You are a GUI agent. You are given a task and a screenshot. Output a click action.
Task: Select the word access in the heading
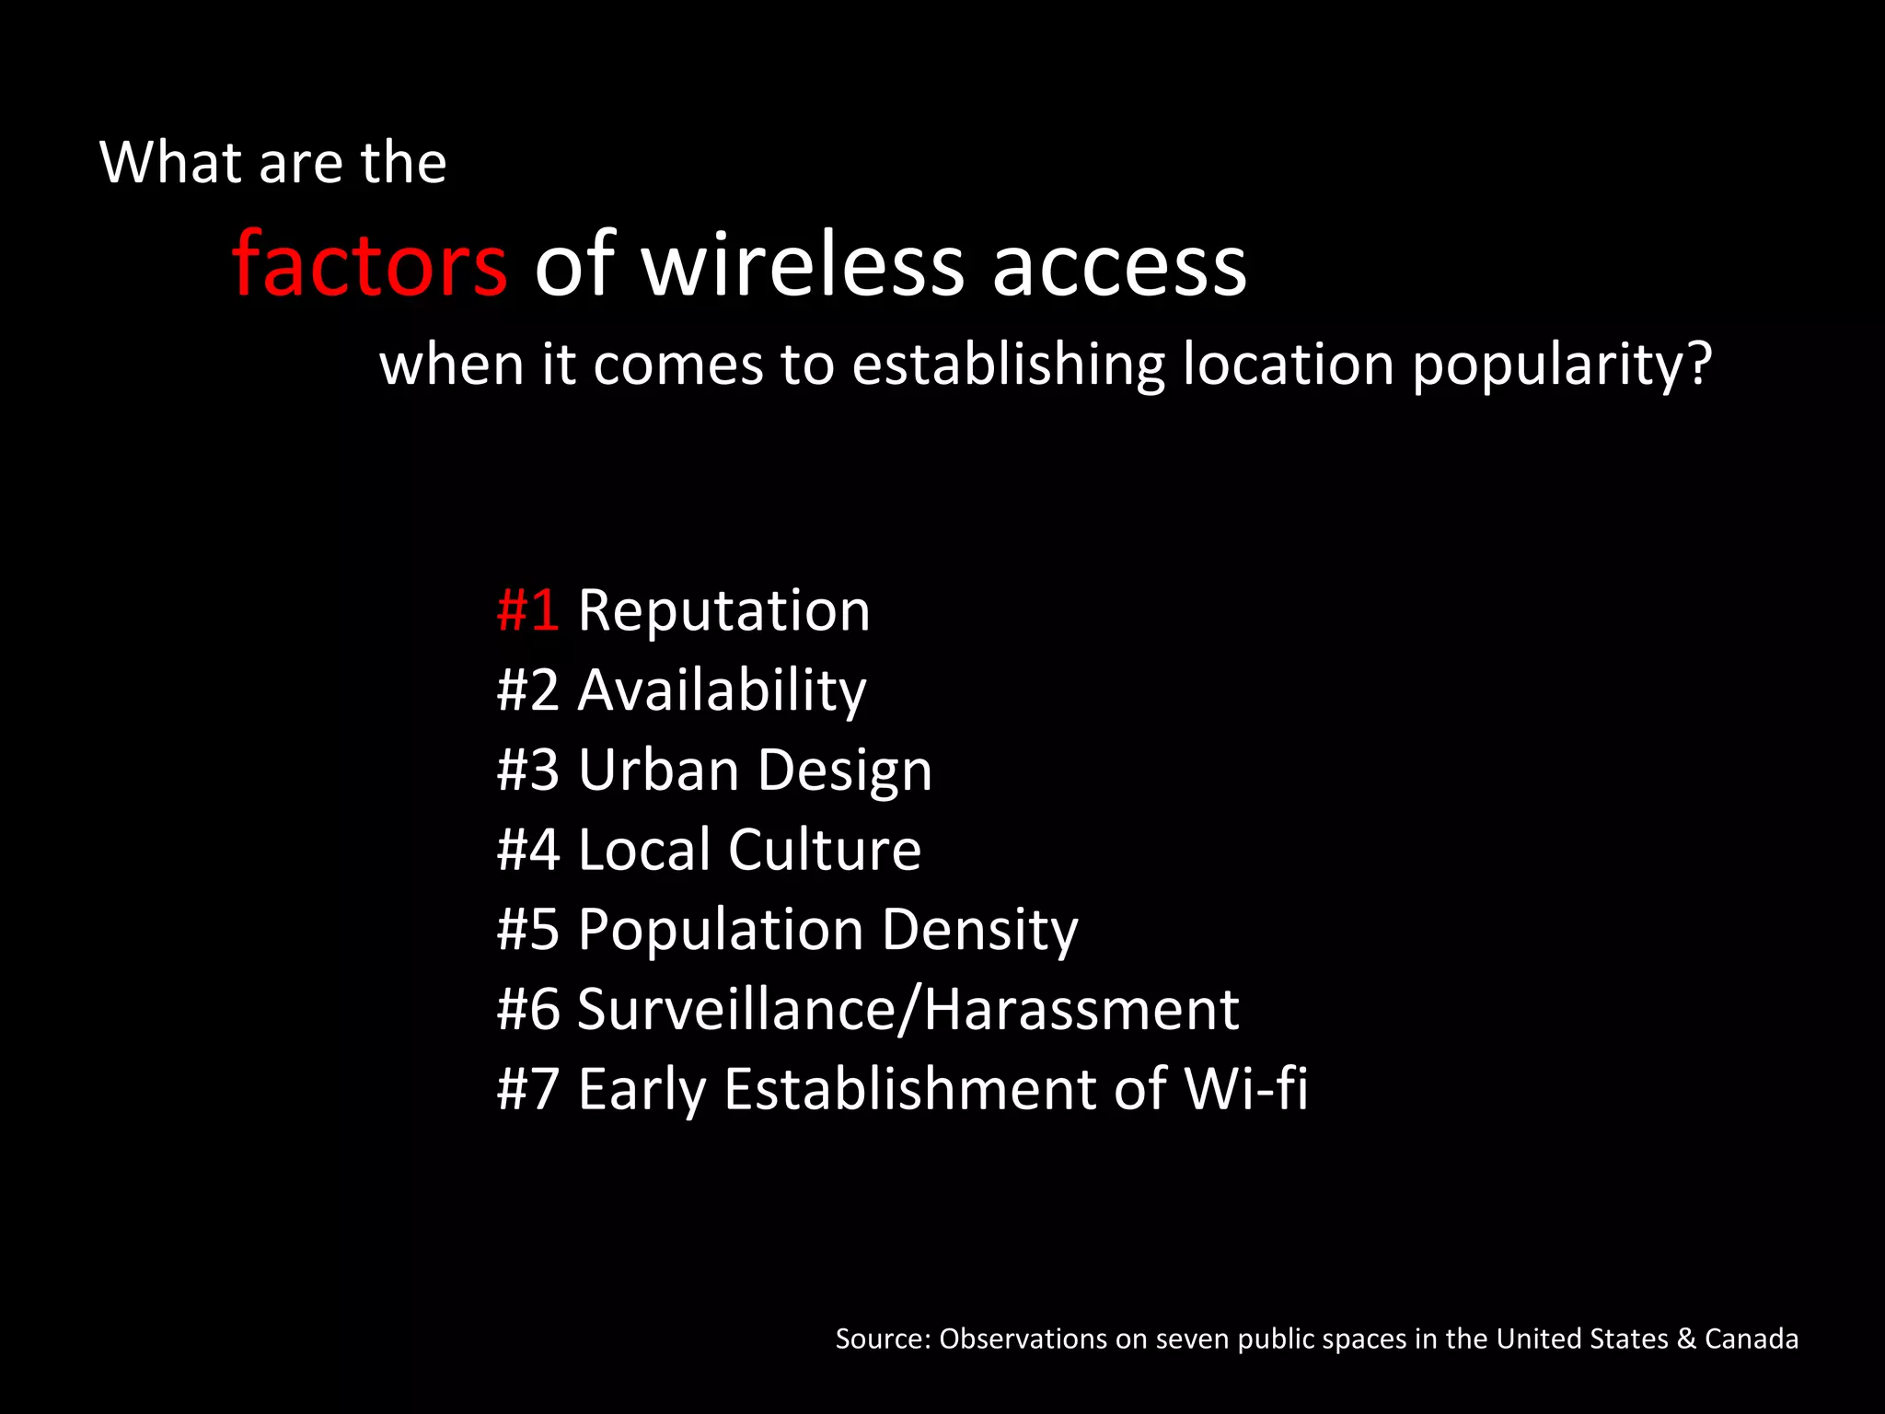[1119, 267]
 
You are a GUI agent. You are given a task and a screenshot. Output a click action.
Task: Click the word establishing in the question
[1008, 365]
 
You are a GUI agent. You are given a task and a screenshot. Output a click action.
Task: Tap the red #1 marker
[527, 610]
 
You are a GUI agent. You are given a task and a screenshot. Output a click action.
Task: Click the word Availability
[722, 691]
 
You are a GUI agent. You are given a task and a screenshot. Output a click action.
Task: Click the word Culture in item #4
[825, 849]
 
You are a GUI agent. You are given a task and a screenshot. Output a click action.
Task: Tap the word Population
[721, 931]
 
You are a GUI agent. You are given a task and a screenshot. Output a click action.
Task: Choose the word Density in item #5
[979, 931]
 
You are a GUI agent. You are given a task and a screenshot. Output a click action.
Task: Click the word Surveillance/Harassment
[908, 1009]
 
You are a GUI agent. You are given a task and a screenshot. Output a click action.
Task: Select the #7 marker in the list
[527, 1090]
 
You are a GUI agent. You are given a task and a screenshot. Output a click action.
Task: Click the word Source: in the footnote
[883, 1339]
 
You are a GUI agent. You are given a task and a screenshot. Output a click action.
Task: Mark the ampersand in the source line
[1686, 1339]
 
